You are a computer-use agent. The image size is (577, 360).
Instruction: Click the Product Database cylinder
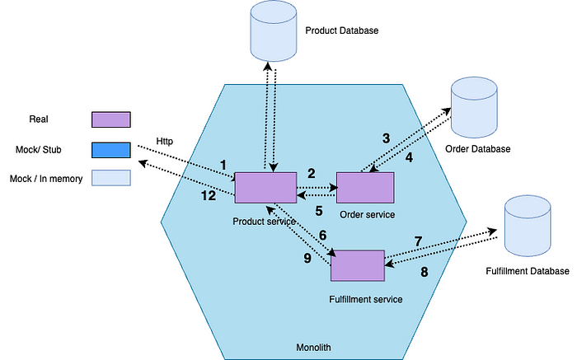(274, 30)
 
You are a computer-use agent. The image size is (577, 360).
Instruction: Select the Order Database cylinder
(474, 107)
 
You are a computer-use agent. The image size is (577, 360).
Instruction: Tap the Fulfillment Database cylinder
(528, 226)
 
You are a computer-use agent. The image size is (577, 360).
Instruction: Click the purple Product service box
(265, 188)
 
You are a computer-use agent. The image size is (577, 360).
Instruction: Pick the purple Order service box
(365, 188)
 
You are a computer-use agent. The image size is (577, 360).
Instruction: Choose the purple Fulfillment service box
(358, 265)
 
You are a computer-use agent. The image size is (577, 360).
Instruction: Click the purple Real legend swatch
(111, 119)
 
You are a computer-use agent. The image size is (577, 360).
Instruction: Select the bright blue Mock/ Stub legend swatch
(111, 150)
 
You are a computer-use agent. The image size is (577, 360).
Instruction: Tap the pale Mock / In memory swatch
(111, 178)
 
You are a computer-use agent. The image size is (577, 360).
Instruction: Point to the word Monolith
(313, 348)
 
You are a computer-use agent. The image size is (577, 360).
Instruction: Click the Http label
(165, 141)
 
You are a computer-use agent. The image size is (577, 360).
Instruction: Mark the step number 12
(209, 195)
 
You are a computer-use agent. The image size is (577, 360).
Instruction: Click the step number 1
(223, 165)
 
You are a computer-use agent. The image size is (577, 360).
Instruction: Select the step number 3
(386, 138)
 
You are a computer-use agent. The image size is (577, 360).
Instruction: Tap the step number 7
(418, 241)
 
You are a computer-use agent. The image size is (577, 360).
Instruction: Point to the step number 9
(307, 258)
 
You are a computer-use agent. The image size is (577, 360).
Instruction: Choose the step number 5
(319, 211)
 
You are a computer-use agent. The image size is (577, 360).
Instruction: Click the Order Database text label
(477, 149)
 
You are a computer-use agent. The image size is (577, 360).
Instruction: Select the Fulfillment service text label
(366, 299)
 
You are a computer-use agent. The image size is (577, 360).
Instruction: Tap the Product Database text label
(342, 30)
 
